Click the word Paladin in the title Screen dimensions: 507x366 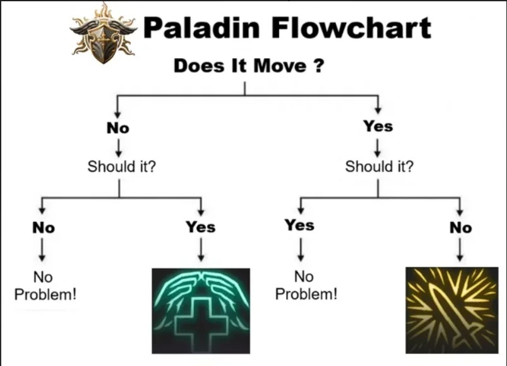coord(201,27)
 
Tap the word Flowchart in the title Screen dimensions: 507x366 coord(351,27)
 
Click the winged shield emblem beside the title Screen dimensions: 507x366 coord(104,34)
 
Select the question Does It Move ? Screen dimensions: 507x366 coord(249,66)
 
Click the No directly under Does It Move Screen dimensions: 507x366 coord(118,128)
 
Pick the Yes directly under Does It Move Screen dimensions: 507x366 coord(378,126)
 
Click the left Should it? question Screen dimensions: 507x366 coord(122,167)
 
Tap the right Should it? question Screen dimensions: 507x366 coord(379,167)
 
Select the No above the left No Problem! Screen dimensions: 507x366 coord(44,228)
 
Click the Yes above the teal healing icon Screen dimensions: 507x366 coord(201,226)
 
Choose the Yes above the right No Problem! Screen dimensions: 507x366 coord(299,225)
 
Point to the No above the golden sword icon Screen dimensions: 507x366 coord(461,228)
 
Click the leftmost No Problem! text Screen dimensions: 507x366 coord(45,286)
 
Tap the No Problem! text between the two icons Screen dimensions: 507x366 coord(306,286)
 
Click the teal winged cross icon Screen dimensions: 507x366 coord(201,310)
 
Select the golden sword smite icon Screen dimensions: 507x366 coord(452,310)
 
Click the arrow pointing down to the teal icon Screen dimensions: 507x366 coord(201,250)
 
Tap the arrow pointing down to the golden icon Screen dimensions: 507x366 coord(460,250)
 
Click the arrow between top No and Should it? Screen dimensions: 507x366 coord(118,147)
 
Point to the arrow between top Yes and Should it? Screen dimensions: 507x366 coord(377,147)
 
